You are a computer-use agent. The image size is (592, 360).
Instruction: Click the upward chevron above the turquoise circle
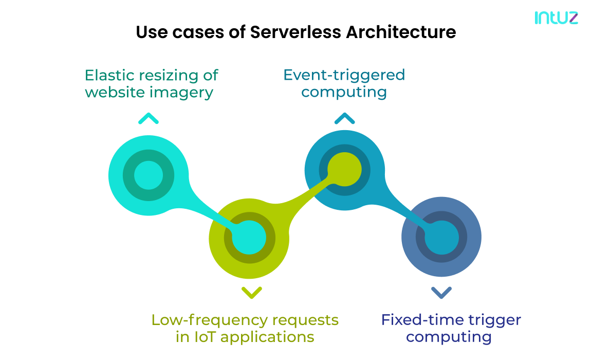coord(149,119)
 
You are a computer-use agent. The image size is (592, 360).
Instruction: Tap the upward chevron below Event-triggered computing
coord(344,119)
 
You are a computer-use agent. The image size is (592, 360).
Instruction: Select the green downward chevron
coord(251,293)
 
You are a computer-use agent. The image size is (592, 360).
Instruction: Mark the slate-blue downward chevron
coord(441,293)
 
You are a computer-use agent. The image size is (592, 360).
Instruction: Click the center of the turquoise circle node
coord(149,175)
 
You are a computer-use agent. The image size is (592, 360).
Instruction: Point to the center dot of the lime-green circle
coord(249,238)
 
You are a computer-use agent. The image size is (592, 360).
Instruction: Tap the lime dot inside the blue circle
coord(344,170)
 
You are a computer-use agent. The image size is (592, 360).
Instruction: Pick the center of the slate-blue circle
coord(441,238)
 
